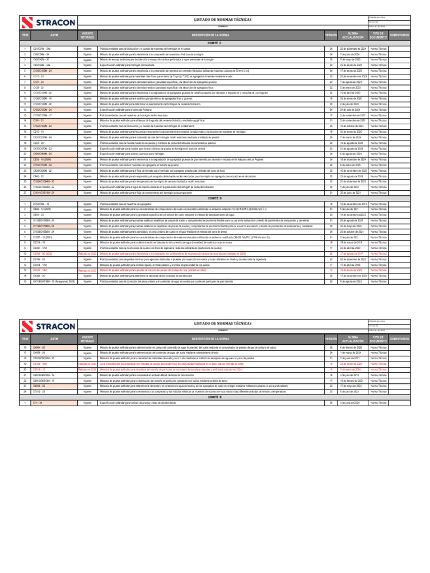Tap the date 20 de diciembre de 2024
pos(353,49)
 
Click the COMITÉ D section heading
pos(215,198)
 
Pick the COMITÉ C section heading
pos(215,44)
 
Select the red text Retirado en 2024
pos(87,386)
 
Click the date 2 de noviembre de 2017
pos(353,115)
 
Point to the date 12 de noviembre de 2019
pos(353,204)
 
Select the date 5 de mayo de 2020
pos(353,60)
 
